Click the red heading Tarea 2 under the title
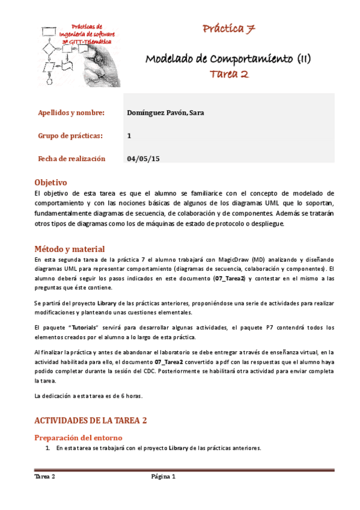(229, 74)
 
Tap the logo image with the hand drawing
(81, 54)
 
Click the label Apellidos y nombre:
(72, 112)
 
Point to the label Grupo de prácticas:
(70, 135)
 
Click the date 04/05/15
(144, 159)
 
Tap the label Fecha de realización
(72, 159)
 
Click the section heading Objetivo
(50, 182)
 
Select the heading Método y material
(70, 249)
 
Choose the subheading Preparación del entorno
(79, 437)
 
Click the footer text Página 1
(163, 477)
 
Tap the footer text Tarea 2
(45, 477)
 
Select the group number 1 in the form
(129, 135)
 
